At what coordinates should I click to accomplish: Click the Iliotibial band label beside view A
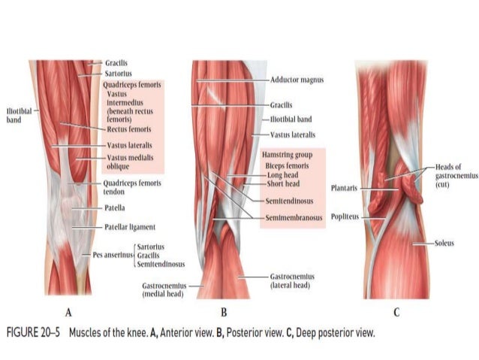click(17, 114)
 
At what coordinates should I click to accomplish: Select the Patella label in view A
click(115, 207)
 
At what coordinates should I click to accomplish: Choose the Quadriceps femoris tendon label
click(131, 186)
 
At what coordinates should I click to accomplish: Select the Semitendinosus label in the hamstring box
click(290, 201)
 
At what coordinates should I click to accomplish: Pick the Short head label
click(283, 183)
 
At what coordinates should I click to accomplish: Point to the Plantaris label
click(343, 187)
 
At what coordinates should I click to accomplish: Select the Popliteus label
click(344, 216)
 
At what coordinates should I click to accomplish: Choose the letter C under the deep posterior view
click(396, 312)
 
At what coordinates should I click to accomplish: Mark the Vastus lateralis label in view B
click(293, 135)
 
